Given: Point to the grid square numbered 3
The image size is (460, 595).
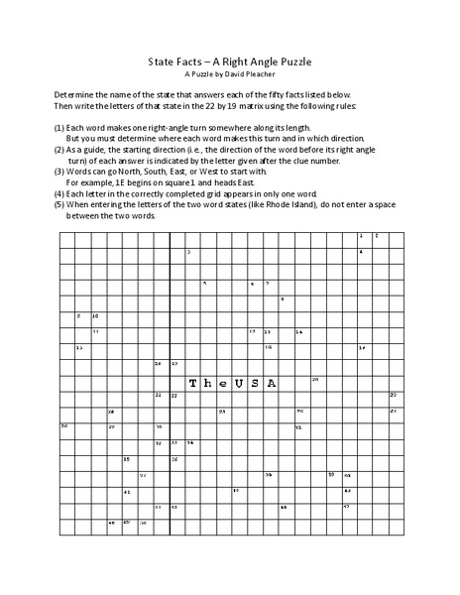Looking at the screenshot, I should click(191, 254).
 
